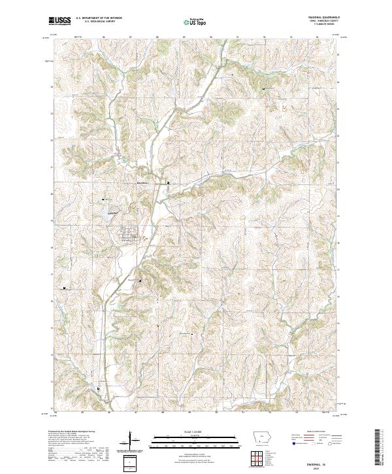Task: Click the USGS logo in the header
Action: pos(60,21)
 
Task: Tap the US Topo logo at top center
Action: pos(196,22)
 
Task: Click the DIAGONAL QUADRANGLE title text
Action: pos(325,18)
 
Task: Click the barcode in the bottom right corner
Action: pos(378,450)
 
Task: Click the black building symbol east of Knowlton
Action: pos(169,182)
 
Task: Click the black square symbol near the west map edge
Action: pos(65,287)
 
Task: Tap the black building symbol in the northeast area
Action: pos(264,88)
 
